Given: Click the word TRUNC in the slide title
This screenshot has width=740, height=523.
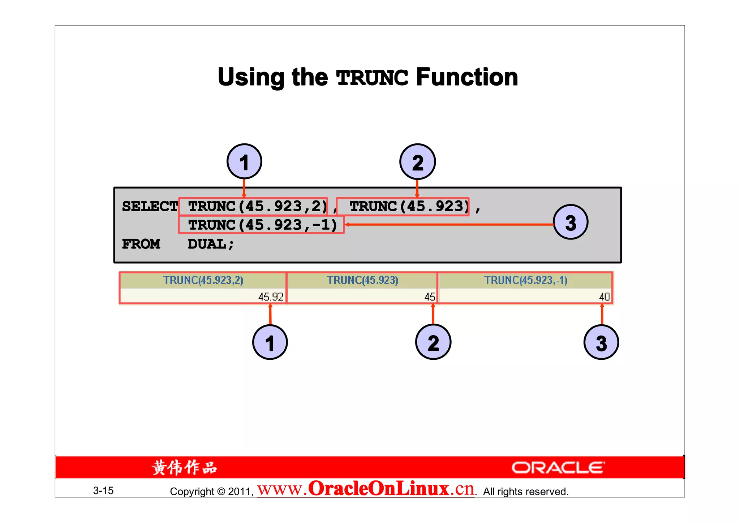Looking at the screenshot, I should point(372,77).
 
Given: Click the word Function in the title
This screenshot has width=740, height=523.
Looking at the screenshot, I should point(467,77).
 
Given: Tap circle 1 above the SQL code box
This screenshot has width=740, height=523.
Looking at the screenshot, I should point(244,161).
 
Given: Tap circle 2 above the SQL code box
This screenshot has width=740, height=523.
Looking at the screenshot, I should point(417,162).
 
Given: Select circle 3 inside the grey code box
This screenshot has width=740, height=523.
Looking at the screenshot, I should point(571,222).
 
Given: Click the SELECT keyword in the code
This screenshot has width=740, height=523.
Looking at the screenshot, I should point(150,207).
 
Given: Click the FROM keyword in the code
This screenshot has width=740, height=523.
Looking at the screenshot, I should point(141,244).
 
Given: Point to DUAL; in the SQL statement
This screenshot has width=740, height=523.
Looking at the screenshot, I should point(211,244).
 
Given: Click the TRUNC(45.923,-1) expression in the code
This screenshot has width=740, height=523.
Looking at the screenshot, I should point(262,225).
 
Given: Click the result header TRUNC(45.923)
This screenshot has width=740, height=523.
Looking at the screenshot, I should point(362,280).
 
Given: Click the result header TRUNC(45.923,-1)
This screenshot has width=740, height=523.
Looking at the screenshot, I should point(526,280).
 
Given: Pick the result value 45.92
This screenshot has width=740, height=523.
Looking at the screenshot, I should point(271,297).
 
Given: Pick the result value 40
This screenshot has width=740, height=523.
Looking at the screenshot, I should point(604,297).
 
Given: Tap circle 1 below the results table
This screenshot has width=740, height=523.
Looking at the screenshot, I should point(270,342).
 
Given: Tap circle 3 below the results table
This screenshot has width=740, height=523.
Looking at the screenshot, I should point(601,342).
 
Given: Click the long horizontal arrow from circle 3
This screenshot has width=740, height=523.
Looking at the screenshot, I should point(448,225).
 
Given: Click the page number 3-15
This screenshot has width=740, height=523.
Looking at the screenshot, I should point(103,490).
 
